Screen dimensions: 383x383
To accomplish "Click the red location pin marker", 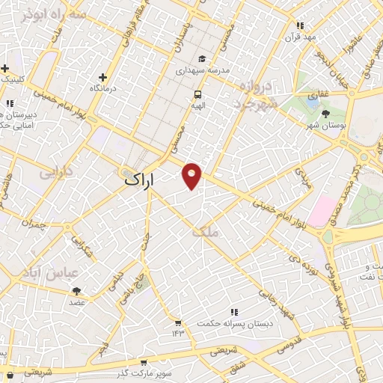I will tap(192, 175).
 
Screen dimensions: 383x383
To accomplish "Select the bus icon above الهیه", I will tap(198, 94).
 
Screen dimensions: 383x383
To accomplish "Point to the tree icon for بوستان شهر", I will tap(326, 114).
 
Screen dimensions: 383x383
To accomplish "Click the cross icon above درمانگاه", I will tap(102, 76).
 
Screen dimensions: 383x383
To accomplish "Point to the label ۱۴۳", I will tap(178, 332).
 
